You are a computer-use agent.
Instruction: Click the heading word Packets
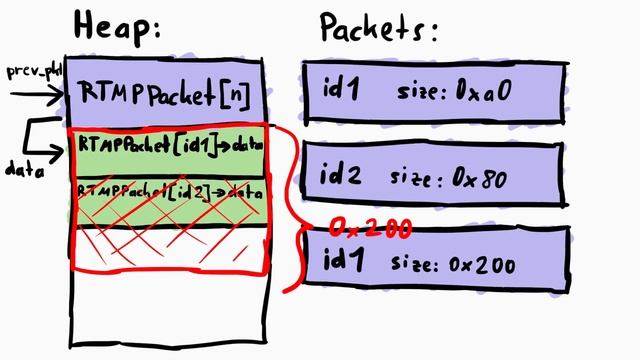[x=378, y=28]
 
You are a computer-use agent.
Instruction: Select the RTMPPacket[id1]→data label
[x=167, y=147]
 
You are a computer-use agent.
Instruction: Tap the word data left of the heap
[x=23, y=170]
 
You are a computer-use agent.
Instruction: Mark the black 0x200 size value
[x=483, y=265]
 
